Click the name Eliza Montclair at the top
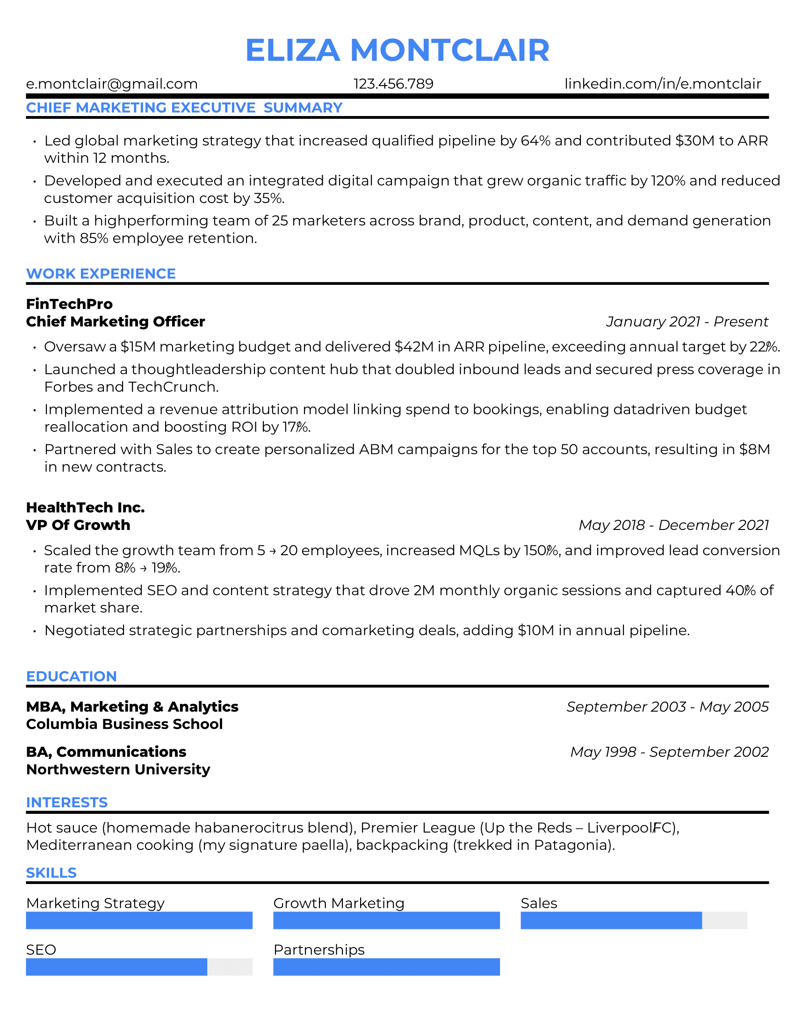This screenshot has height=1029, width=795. click(397, 50)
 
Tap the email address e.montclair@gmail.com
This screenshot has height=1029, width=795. click(112, 84)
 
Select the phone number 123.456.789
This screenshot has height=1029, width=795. click(393, 84)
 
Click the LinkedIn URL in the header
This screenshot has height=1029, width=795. click(663, 84)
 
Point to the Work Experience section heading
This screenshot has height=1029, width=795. click(101, 274)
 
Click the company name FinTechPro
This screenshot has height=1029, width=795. click(69, 304)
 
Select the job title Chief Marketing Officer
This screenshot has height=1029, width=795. click(116, 322)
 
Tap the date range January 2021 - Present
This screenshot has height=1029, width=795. click(687, 322)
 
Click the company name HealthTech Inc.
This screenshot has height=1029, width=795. click(85, 507)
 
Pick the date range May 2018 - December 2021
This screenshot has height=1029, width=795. click(673, 525)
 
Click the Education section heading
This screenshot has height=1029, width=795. click(71, 676)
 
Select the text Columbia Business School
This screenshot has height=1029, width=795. click(124, 724)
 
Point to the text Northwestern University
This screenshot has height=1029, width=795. click(118, 769)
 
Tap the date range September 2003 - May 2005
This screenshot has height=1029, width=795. click(667, 707)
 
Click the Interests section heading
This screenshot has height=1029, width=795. click(67, 802)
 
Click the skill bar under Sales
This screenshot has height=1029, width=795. click(634, 920)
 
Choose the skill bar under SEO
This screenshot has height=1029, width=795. click(139, 967)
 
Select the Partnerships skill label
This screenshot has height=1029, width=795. click(319, 950)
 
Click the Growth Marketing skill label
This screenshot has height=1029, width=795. click(339, 903)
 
